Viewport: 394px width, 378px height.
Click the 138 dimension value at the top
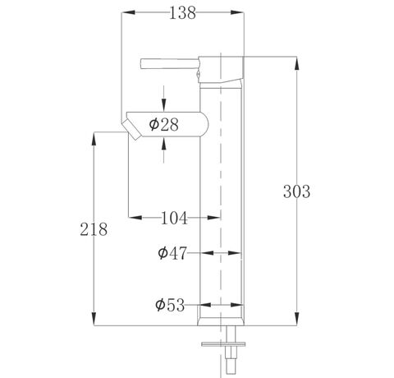click(182, 13)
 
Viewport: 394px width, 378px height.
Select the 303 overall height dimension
click(296, 191)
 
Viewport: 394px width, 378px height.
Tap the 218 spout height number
click(94, 229)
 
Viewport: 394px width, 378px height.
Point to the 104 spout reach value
click(174, 218)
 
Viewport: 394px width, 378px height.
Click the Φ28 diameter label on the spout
click(163, 124)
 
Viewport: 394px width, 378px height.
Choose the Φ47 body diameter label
click(172, 253)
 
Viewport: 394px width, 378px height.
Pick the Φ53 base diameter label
click(170, 305)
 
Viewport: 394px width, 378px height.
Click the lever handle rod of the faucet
click(170, 63)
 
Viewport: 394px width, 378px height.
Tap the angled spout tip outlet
click(131, 130)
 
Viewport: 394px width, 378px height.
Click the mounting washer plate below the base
click(223, 344)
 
